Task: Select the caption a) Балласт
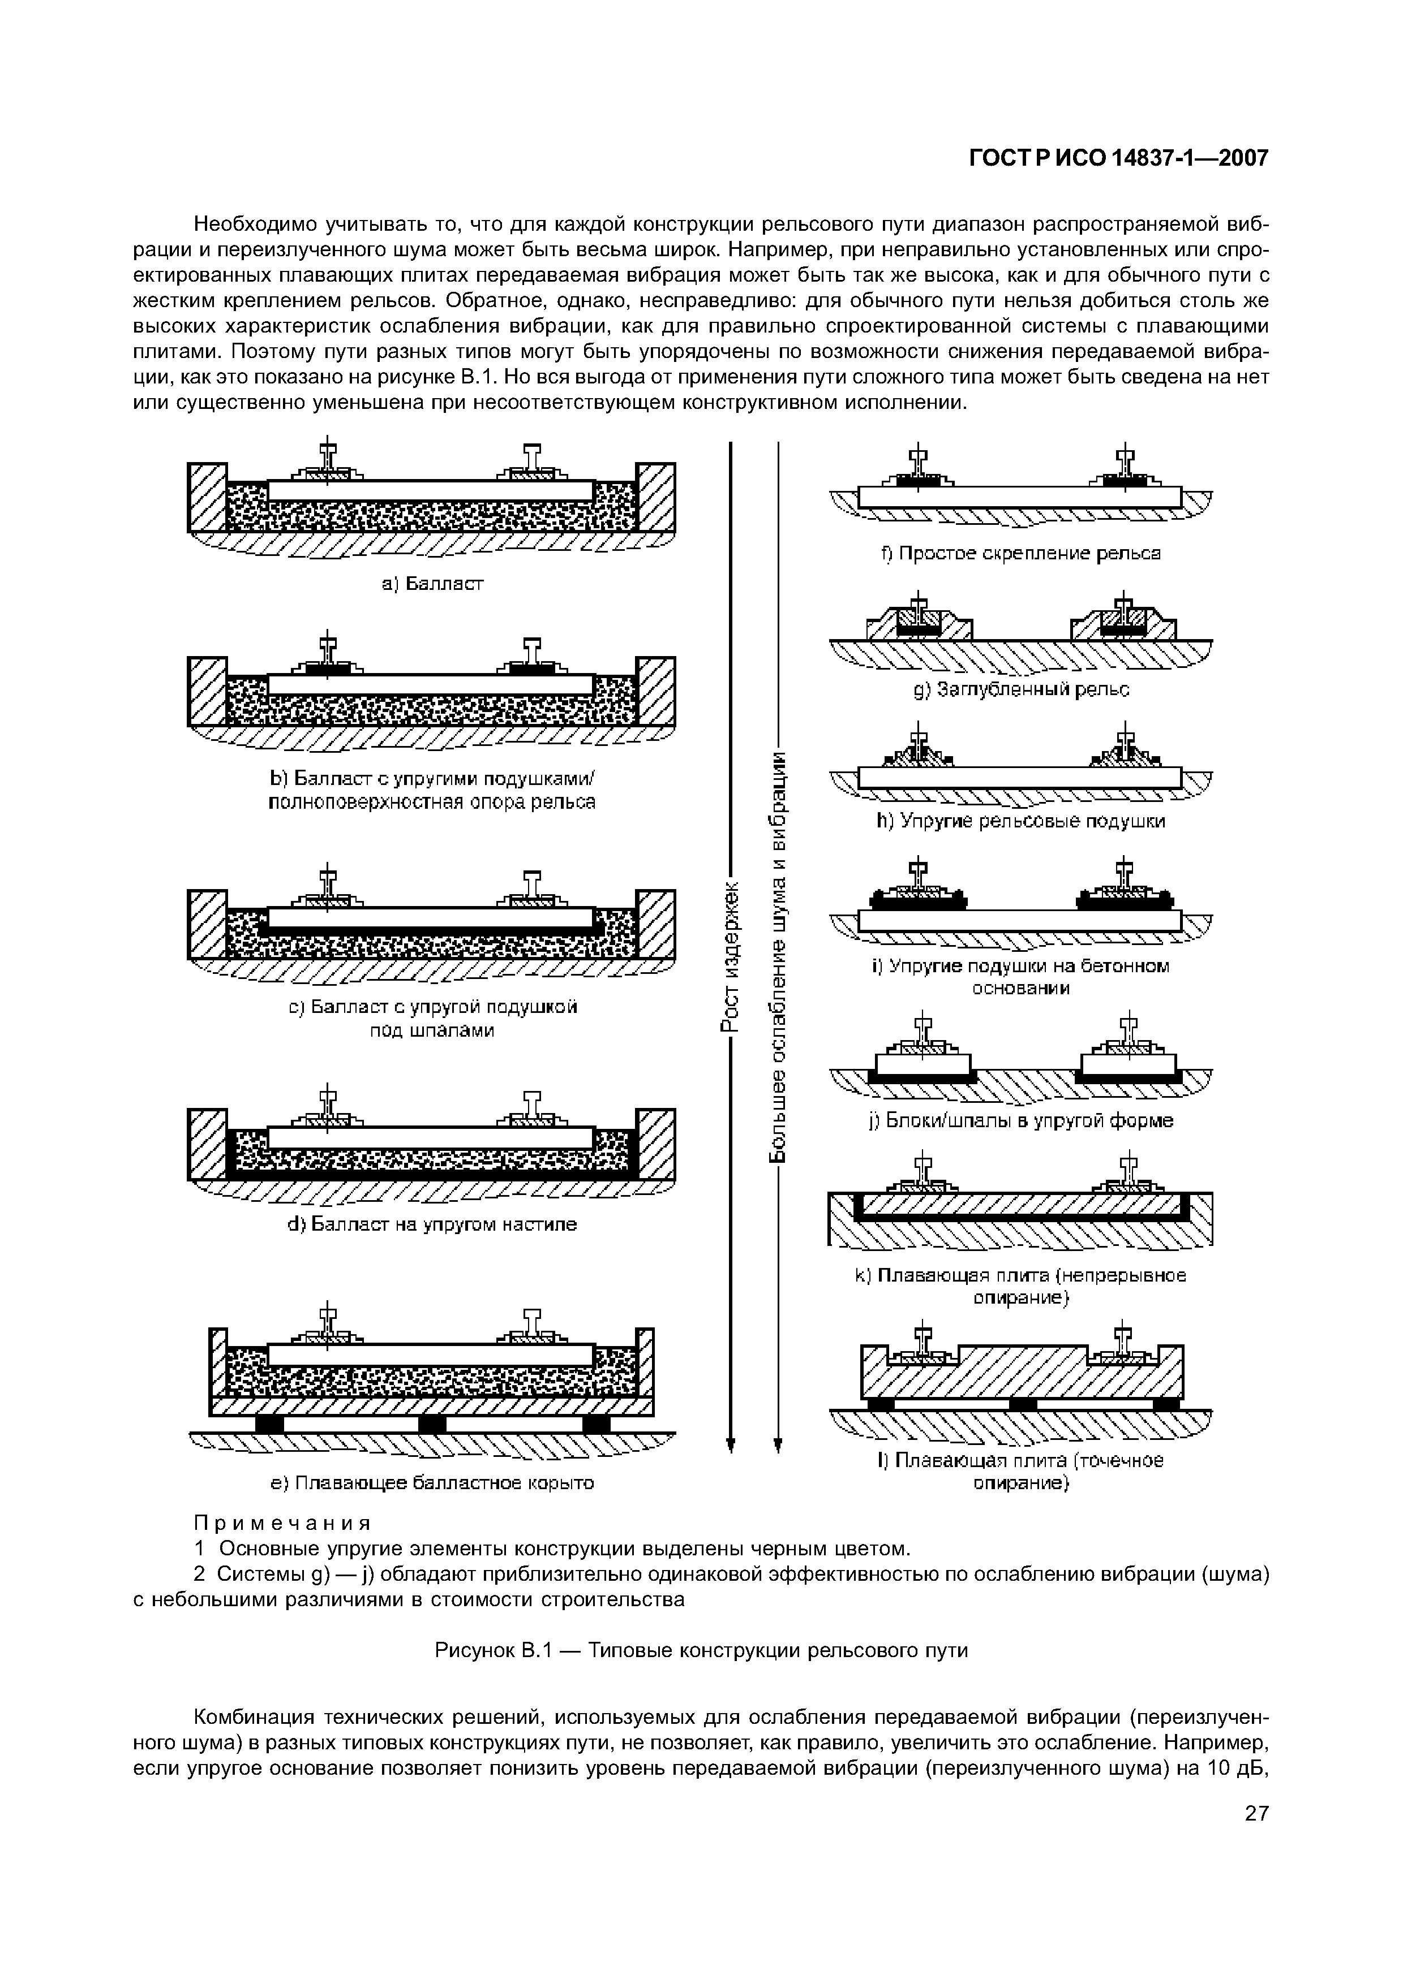pyautogui.click(x=432, y=584)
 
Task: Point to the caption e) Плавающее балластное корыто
pyautogui.click(x=432, y=1483)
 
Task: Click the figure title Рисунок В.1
pyautogui.click(x=493, y=1650)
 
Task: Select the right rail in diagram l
pyautogui.click(x=1122, y=1338)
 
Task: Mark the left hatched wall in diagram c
pyautogui.click(x=208, y=925)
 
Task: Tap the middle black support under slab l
pyautogui.click(x=1023, y=1404)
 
